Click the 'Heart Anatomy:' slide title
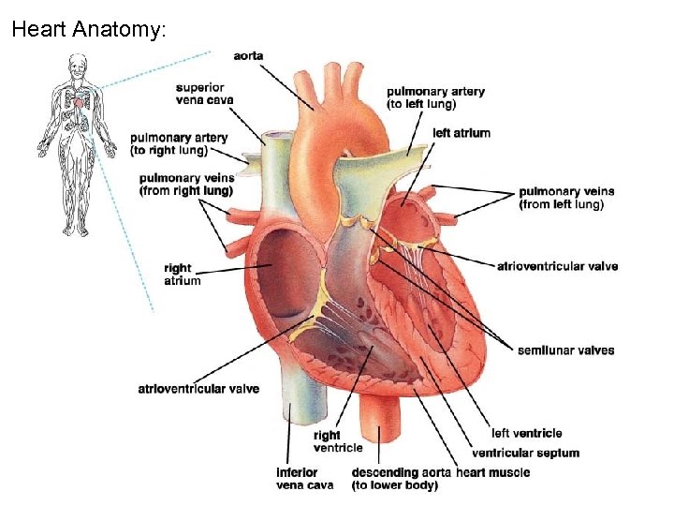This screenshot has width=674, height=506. tap(89, 29)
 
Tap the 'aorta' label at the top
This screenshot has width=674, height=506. tap(249, 56)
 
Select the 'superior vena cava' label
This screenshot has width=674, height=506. tap(204, 94)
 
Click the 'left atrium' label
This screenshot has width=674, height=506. tap(462, 133)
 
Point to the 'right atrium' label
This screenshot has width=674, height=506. tap(182, 275)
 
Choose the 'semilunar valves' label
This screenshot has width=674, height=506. tap(565, 350)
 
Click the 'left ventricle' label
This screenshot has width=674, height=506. tap(526, 433)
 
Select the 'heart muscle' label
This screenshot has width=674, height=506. tap(494, 472)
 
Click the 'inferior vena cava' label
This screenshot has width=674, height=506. tap(304, 478)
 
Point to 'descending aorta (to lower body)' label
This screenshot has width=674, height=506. tap(403, 478)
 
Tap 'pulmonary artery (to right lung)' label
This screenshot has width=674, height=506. tap(179, 143)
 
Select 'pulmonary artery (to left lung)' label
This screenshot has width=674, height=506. tap(435, 97)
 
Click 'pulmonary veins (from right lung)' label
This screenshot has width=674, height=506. tap(186, 185)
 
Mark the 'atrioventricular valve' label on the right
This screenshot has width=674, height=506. tap(557, 266)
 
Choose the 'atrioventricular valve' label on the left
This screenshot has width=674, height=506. tap(198, 388)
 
